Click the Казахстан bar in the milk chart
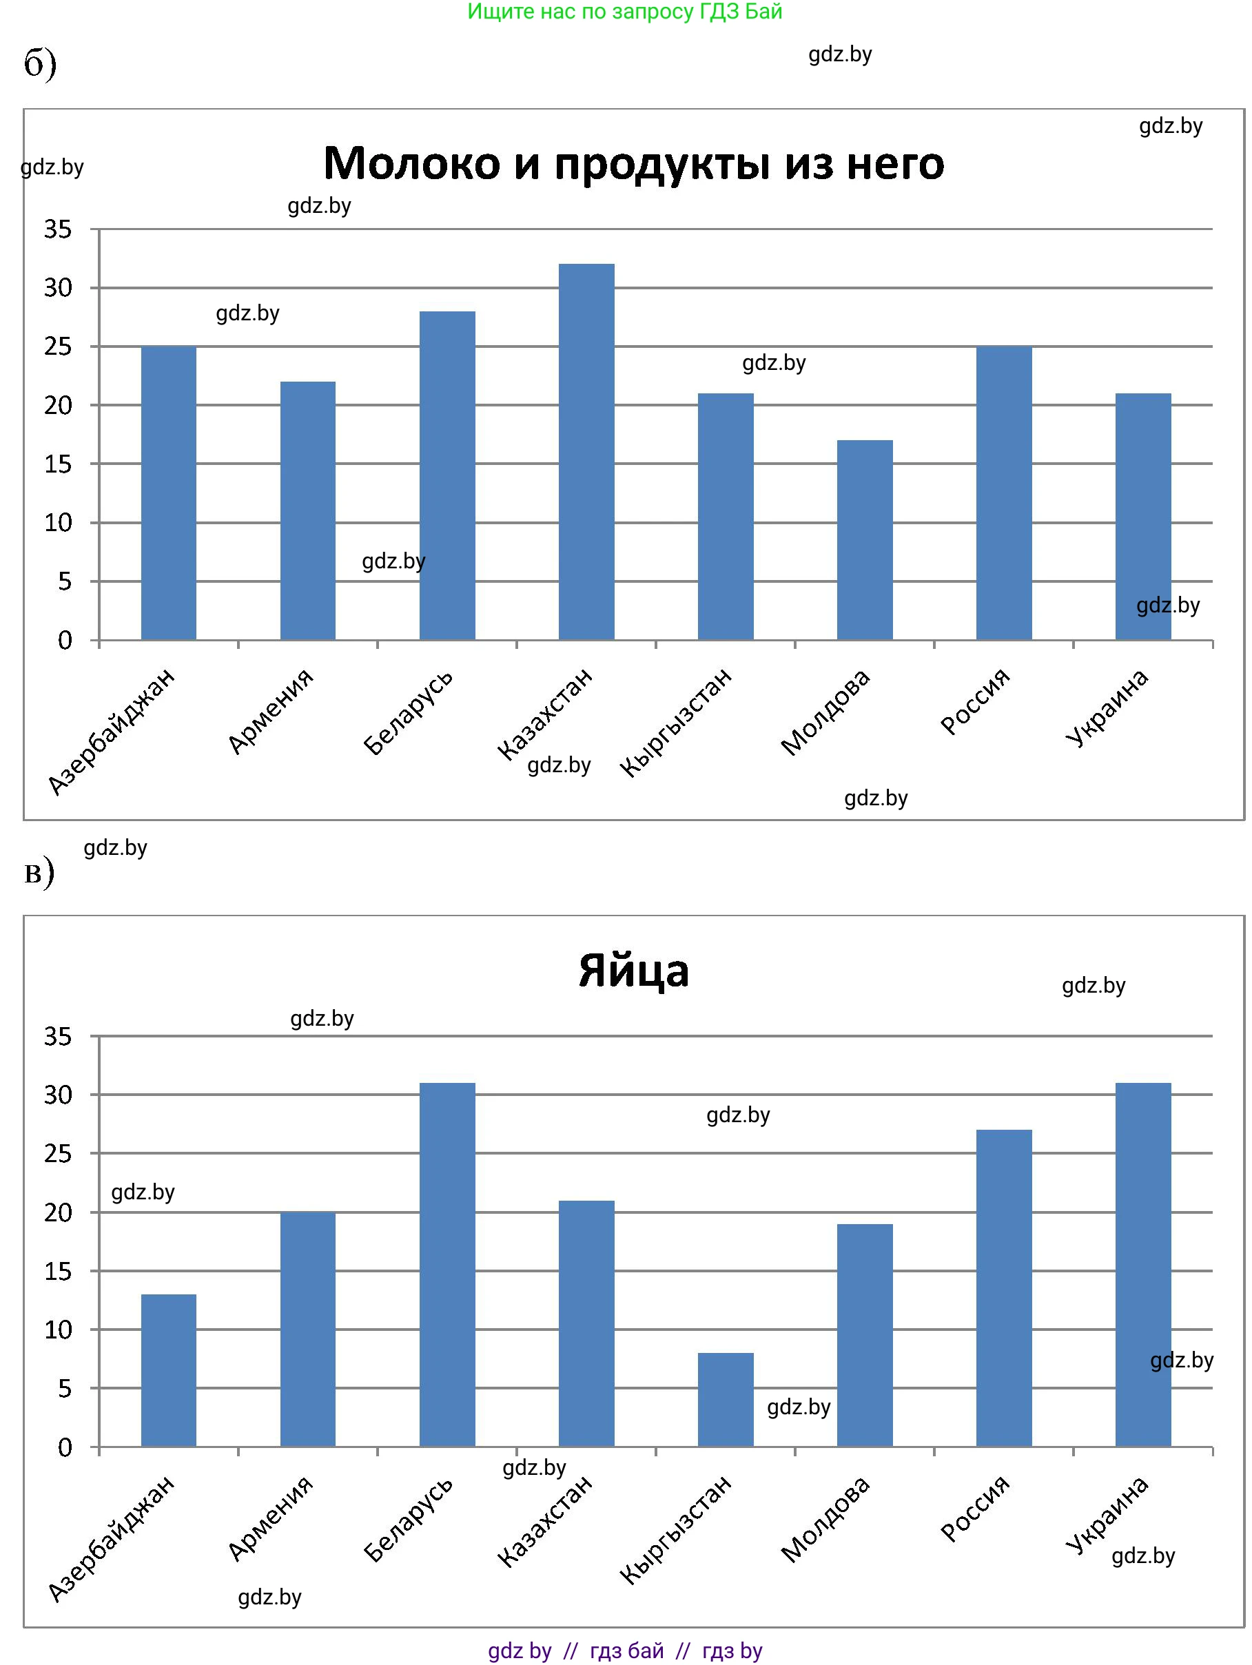click(586, 452)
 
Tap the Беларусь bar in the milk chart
click(447, 475)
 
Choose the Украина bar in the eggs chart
click(1143, 1265)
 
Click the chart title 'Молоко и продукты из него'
click(633, 163)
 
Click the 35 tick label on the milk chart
click(58, 229)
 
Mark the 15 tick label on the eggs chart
click(58, 1272)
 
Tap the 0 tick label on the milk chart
click(65, 641)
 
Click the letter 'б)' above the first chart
click(40, 64)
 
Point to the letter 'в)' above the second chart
click(39, 872)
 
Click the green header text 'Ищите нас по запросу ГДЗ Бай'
click(625, 11)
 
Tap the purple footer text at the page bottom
click(625, 1651)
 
